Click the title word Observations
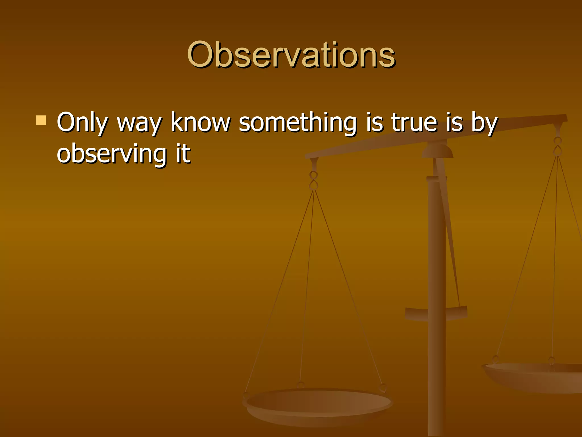pyautogui.click(x=291, y=55)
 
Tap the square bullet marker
pyautogui.click(x=41, y=120)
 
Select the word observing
pyautogui.click(x=112, y=154)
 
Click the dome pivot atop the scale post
pyautogui.click(x=437, y=151)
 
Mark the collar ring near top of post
pyautogui.click(x=436, y=179)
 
